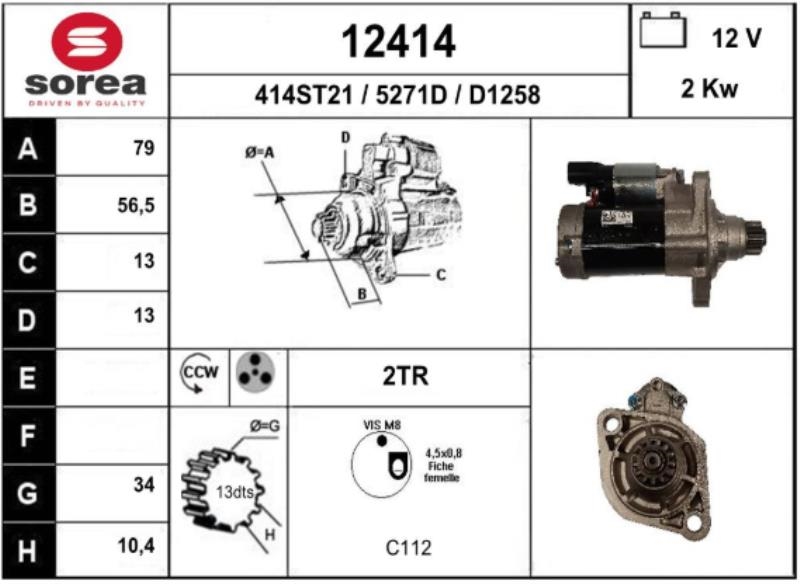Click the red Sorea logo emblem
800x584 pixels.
pyautogui.click(x=87, y=41)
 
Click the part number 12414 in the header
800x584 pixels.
pyautogui.click(x=398, y=42)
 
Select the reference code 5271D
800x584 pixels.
pyautogui.click(x=411, y=95)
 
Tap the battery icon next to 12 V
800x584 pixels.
pyautogui.click(x=663, y=31)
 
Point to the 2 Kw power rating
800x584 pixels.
pyautogui.click(x=709, y=88)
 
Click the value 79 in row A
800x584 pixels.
pyautogui.click(x=144, y=148)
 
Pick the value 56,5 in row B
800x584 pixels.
pyautogui.click(x=136, y=205)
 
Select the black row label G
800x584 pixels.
pyautogui.click(x=28, y=493)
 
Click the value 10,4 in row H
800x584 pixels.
pyautogui.click(x=136, y=546)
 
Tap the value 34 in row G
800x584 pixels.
pyautogui.click(x=144, y=485)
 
